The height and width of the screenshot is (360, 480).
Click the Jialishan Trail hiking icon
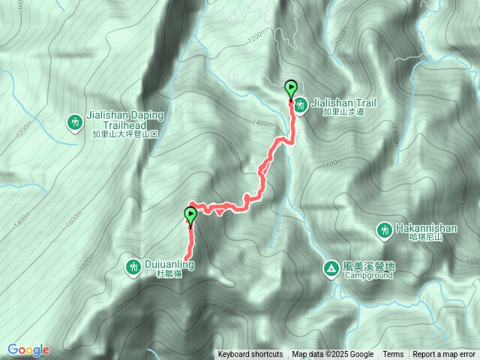click(300, 106)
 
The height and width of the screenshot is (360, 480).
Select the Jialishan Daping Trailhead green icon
click(74, 121)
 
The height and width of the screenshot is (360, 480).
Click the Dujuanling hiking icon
click(133, 266)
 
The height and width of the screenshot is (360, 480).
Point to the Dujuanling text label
click(170, 265)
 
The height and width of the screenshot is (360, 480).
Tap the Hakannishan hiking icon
click(384, 229)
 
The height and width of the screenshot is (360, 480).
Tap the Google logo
click(28, 349)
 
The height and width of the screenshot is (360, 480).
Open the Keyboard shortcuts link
click(250, 355)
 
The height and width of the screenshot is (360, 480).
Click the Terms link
click(393, 355)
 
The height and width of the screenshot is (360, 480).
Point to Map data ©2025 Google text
click(333, 355)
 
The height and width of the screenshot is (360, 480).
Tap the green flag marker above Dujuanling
click(190, 216)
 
